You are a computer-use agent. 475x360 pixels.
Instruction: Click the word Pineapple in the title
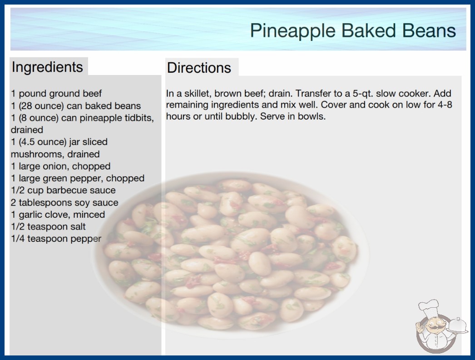point(292,31)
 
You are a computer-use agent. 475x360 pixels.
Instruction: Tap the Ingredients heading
point(47,67)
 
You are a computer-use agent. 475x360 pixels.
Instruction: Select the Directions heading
point(199,68)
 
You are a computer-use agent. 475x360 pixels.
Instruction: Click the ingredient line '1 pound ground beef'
point(56,94)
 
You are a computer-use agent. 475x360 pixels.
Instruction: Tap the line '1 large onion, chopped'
point(60,166)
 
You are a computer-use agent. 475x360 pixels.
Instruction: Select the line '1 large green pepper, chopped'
point(78,178)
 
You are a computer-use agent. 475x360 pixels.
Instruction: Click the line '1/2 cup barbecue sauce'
point(63,190)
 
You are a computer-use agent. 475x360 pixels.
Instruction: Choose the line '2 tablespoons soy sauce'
point(64,202)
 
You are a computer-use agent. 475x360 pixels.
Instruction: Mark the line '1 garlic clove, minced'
point(58,215)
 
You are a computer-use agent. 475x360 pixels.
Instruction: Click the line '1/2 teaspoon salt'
point(48,226)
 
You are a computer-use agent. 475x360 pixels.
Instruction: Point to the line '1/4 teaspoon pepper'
point(56,239)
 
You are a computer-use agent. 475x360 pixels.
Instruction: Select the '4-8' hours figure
point(445,105)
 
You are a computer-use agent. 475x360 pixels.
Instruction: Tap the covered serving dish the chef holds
point(457,325)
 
